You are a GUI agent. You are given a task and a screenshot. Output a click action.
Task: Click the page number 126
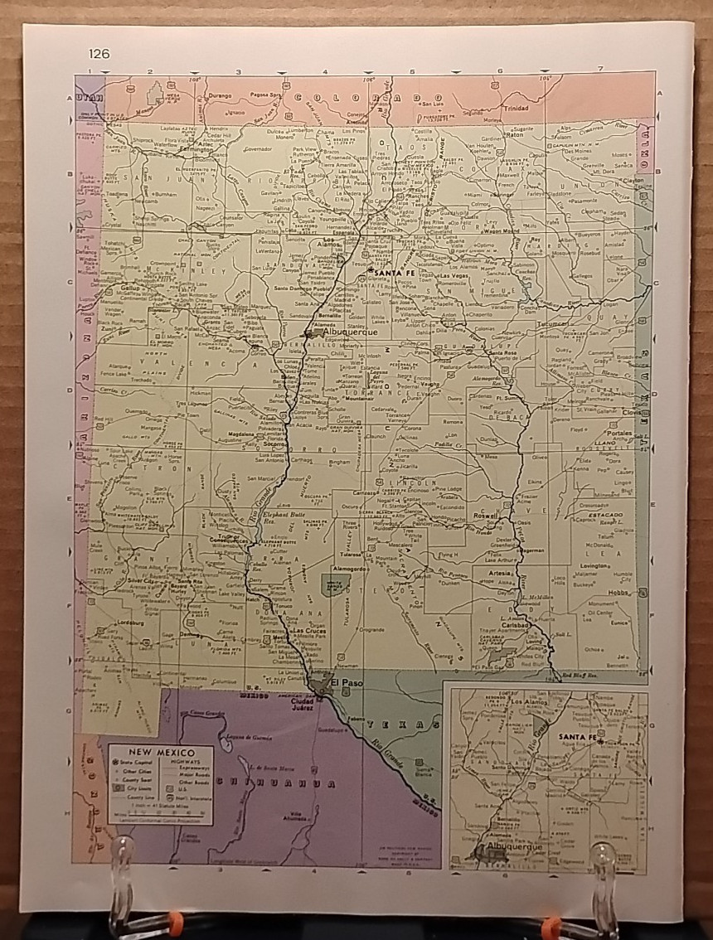98,55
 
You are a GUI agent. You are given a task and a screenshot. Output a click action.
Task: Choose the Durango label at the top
220,95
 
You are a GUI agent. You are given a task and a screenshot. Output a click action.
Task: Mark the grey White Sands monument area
335,584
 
